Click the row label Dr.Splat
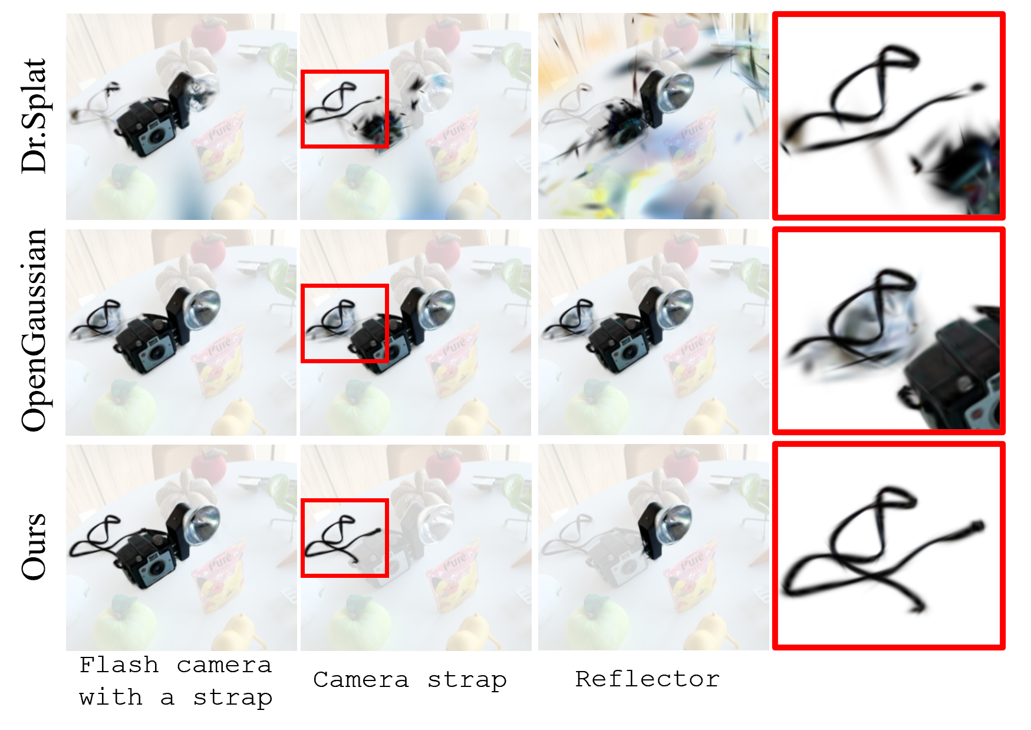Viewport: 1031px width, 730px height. click(34, 116)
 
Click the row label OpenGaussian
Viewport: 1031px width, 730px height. click(34, 330)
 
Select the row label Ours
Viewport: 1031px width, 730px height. click(34, 547)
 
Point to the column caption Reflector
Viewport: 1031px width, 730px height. click(647, 679)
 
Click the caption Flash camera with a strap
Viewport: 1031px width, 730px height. click(176, 682)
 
